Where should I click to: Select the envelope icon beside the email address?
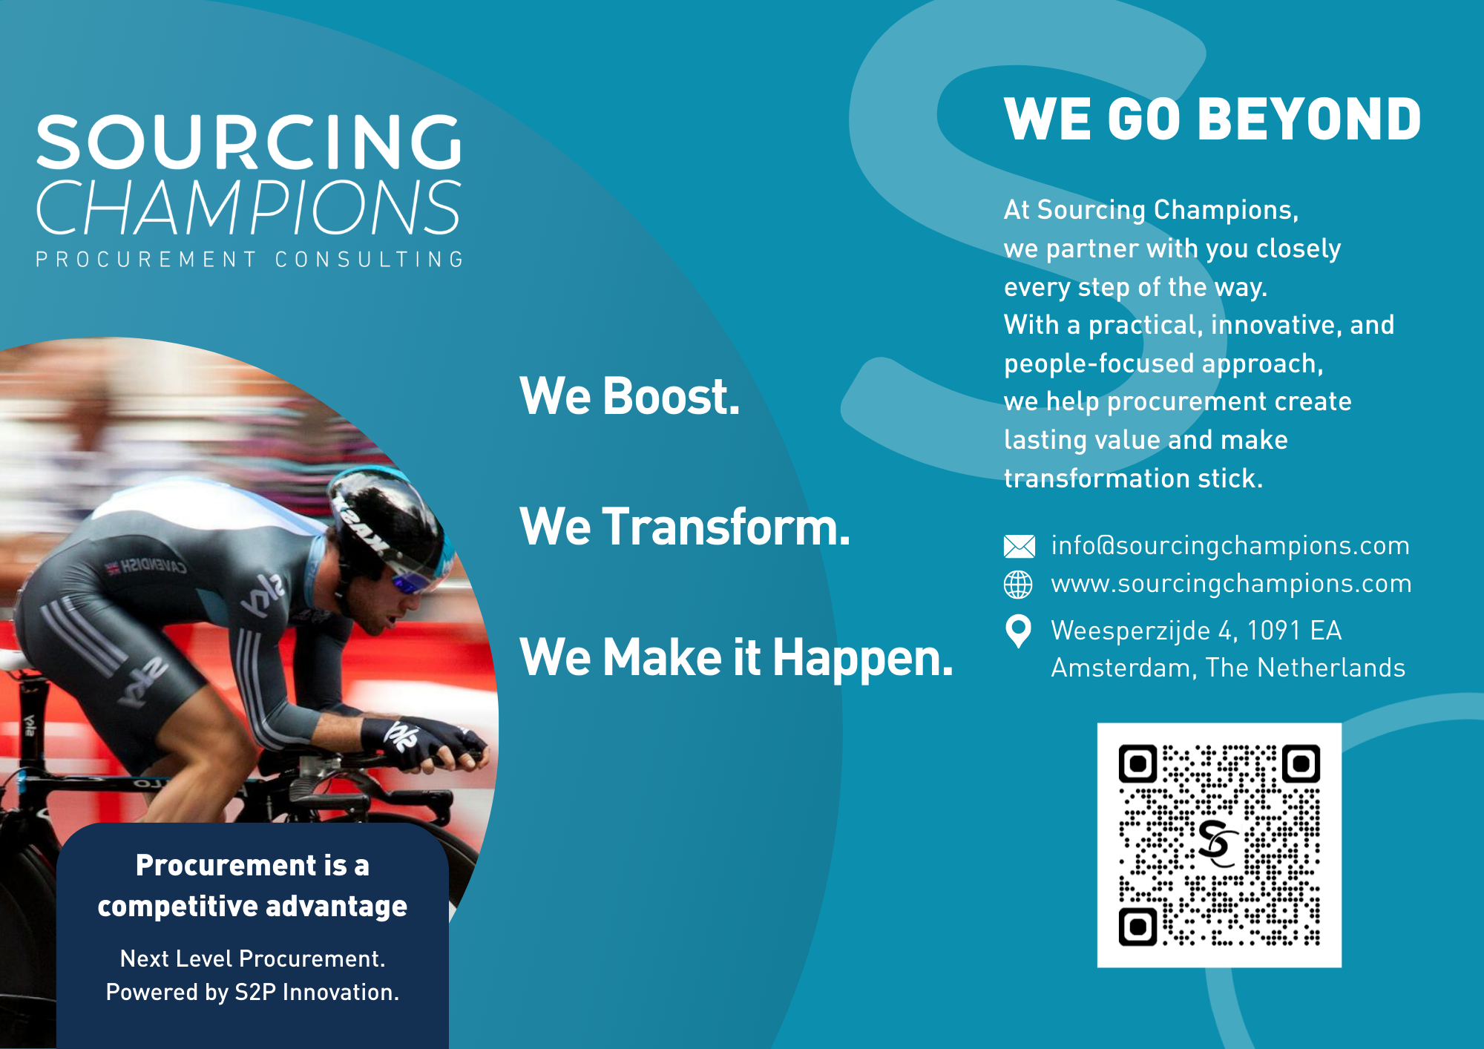point(1019,546)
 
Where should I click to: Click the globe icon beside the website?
point(1018,585)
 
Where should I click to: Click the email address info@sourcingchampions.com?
point(1230,546)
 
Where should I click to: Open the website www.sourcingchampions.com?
point(1232,584)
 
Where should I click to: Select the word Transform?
point(726,527)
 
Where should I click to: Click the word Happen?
point(862,659)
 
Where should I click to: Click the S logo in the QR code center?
point(1218,844)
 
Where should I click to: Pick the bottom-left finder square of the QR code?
point(1137,927)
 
